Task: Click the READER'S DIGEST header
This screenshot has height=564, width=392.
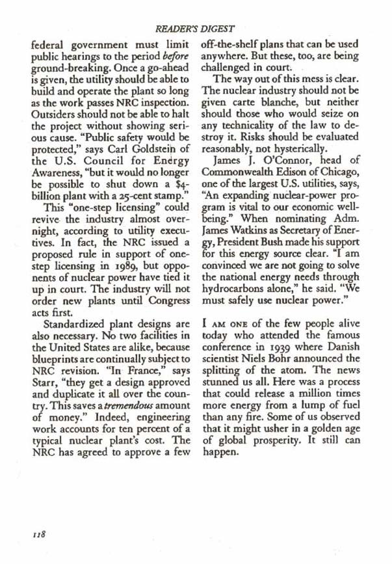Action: click(x=195, y=29)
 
